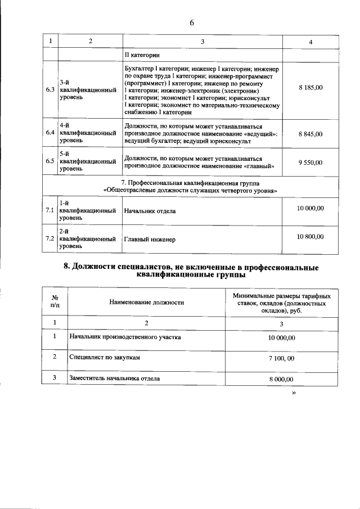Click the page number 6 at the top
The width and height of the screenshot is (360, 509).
(x=192, y=23)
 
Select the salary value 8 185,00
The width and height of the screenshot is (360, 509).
(x=310, y=88)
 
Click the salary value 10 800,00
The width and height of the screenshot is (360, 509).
(x=310, y=237)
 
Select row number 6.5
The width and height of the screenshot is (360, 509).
(x=49, y=162)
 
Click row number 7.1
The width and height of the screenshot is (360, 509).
(x=49, y=210)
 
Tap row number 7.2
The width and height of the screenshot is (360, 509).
(x=49, y=239)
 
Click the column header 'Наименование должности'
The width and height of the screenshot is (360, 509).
(x=147, y=303)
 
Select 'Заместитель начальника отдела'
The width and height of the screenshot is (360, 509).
(x=114, y=379)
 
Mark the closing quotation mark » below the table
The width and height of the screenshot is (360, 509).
(x=293, y=394)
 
